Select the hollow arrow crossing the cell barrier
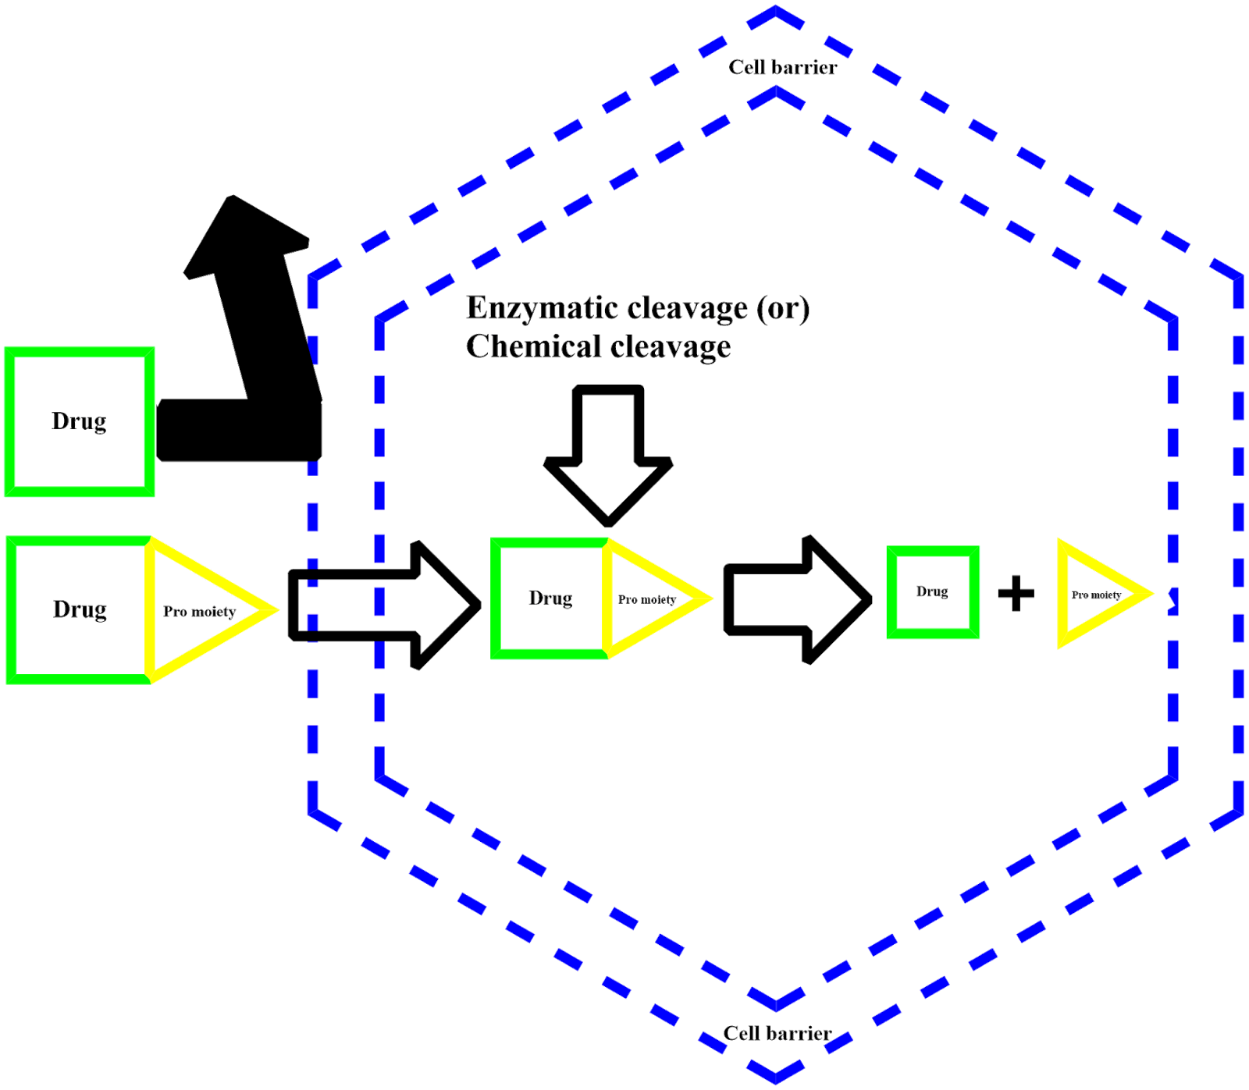pos(384,605)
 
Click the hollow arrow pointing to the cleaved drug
pos(798,599)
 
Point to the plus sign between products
pos(1016,593)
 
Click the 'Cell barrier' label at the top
pos(783,67)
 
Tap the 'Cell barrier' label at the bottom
pos(778,1033)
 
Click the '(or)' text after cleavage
pos(783,309)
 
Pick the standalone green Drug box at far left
pos(80,421)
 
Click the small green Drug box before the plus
pos(933,592)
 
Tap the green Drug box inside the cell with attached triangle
pos(550,598)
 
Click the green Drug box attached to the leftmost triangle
pos(79,610)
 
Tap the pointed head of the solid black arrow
pos(232,196)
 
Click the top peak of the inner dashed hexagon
pos(777,89)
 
